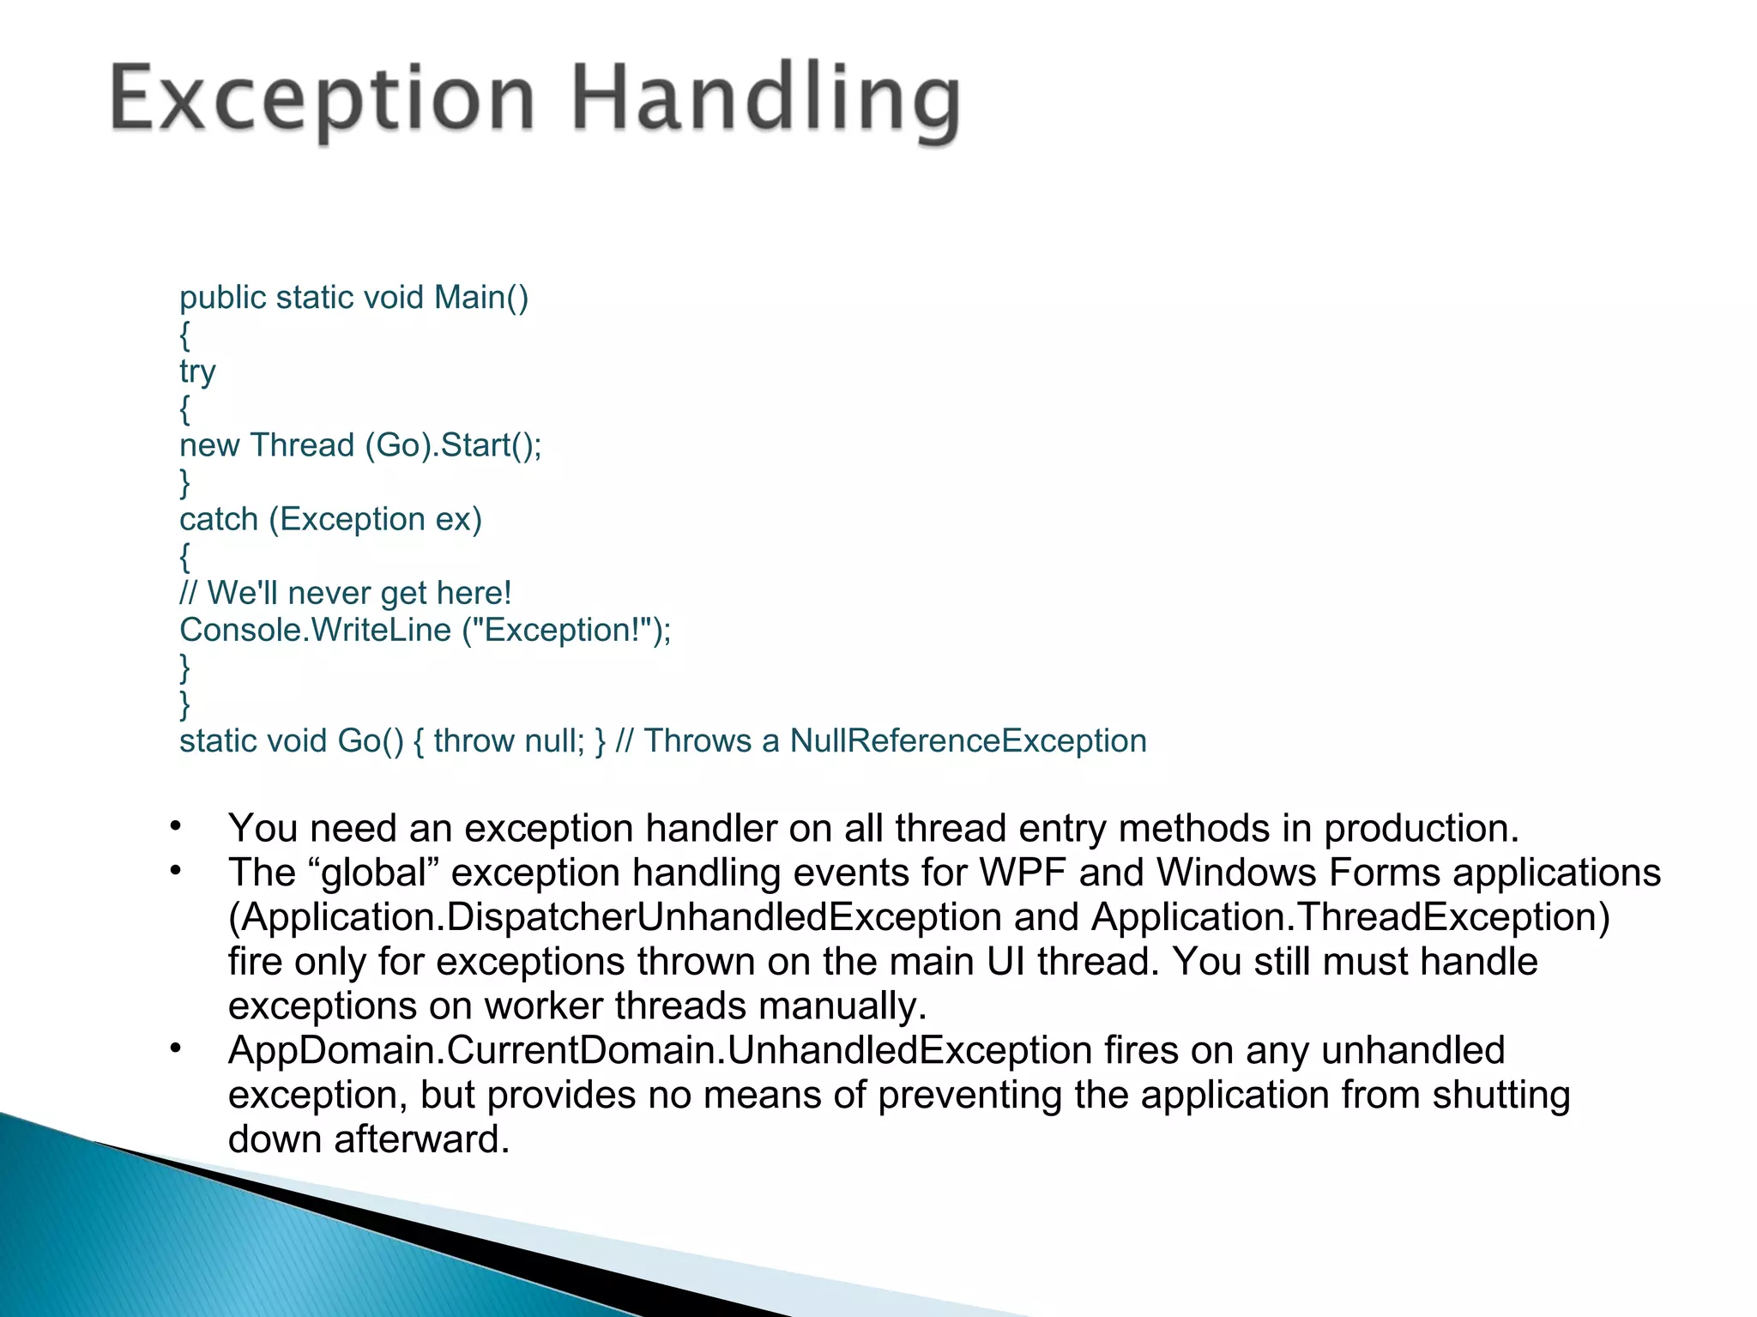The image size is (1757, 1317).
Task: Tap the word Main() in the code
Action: coord(480,297)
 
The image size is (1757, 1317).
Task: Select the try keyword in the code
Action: coord(197,372)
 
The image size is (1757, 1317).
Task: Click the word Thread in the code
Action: coord(302,445)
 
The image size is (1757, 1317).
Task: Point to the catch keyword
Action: coord(219,519)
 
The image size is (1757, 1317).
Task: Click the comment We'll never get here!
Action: coord(359,593)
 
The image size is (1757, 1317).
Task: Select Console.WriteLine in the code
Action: coord(315,630)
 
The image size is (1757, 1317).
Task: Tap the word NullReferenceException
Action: coord(968,740)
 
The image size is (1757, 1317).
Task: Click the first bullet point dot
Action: coord(176,826)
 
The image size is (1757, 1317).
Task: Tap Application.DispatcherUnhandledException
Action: coord(614,917)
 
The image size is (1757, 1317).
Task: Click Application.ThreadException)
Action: coord(1350,917)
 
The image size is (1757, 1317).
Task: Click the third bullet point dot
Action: coord(176,1048)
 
